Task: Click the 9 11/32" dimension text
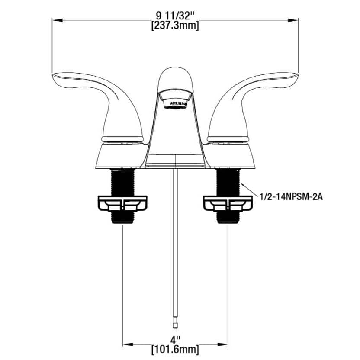click(175, 16)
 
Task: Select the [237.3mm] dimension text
click(175, 26)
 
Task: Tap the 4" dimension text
click(175, 337)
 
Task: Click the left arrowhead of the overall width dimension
click(55, 20)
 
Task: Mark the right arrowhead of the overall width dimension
click(296, 20)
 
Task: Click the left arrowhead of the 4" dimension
click(126, 344)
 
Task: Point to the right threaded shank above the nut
click(228, 182)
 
